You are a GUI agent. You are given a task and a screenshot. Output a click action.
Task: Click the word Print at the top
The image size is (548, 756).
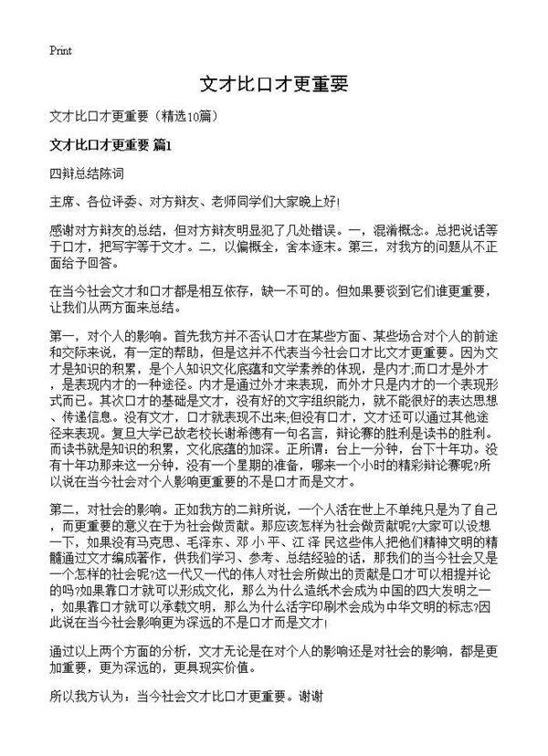coord(60,49)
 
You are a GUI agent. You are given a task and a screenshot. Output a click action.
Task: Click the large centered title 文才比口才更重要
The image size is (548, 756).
coord(274,85)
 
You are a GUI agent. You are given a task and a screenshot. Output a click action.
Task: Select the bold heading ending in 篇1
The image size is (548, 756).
coord(111,144)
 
